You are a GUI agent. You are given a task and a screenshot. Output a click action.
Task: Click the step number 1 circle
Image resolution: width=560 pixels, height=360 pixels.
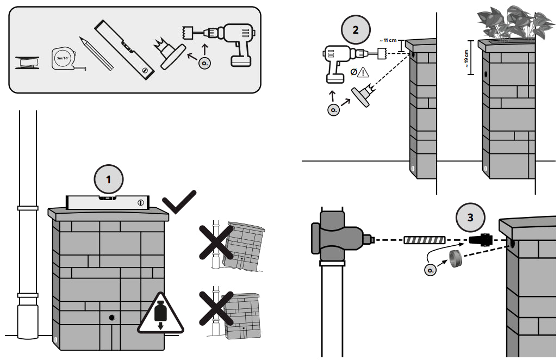[109, 178]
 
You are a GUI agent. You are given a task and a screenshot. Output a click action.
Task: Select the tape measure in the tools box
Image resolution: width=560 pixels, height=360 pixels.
[64, 58]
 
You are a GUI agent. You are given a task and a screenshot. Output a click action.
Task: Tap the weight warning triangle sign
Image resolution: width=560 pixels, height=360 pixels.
[160, 314]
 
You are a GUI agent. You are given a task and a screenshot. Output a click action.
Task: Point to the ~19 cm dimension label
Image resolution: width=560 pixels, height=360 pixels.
[466, 58]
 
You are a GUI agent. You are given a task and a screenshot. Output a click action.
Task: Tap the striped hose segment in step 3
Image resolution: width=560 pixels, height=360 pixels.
[424, 239]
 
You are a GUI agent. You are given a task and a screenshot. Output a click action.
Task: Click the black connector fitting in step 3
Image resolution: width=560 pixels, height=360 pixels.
[481, 240]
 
